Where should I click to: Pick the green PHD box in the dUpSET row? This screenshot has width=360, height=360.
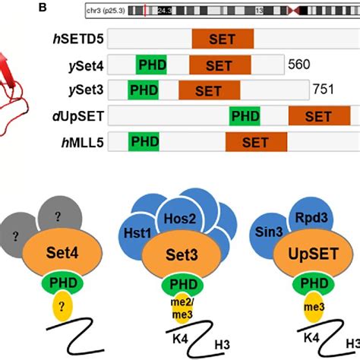245,116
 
